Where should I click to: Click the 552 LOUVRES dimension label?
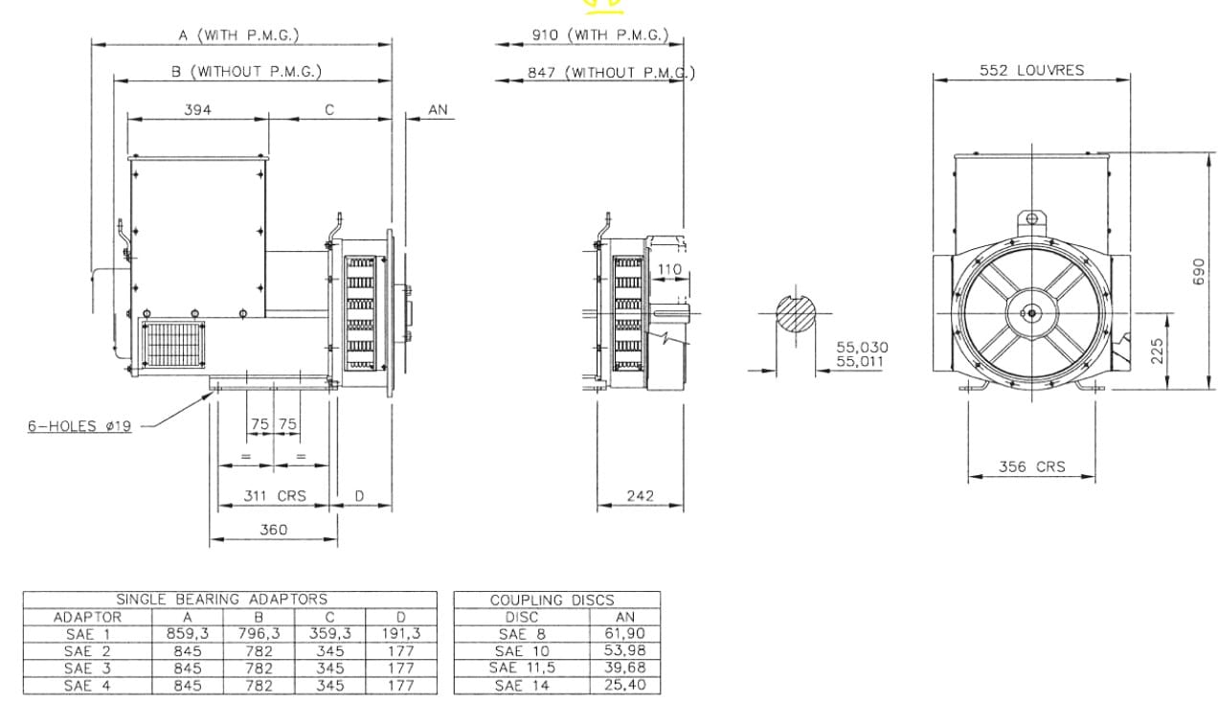(x=1031, y=70)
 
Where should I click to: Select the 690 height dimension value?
(x=1198, y=272)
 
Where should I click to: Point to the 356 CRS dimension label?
(x=1031, y=466)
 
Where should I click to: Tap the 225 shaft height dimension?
(x=1157, y=351)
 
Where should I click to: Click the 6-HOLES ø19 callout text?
(x=79, y=426)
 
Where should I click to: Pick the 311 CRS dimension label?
(x=275, y=496)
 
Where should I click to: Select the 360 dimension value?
(x=273, y=530)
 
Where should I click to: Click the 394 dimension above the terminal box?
(x=197, y=110)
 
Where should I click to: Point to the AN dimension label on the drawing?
(x=438, y=110)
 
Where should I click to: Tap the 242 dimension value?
(x=640, y=496)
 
